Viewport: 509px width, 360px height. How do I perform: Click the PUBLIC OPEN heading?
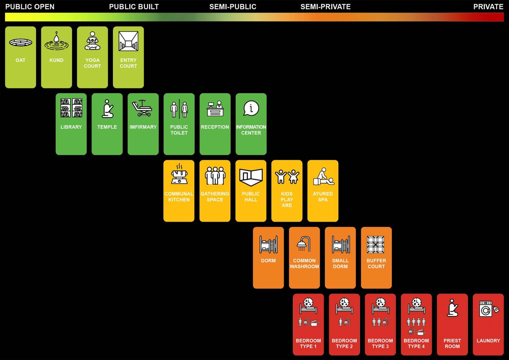30,7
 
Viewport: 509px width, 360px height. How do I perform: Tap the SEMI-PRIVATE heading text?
325,7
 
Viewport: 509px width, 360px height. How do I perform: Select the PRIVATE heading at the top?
488,7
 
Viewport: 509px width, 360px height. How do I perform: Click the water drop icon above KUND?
56,41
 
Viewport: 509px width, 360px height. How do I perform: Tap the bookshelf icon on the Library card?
71,108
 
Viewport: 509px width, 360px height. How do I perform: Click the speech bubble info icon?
251,108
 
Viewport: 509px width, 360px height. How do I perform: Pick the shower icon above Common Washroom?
304,244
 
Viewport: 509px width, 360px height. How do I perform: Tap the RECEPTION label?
215,127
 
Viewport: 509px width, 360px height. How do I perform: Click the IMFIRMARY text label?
143,127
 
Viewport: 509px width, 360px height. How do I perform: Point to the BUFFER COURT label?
376,263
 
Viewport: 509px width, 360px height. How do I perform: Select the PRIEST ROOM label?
452,343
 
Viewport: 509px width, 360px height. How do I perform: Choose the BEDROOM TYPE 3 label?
380,343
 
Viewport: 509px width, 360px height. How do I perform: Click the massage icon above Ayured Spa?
323,177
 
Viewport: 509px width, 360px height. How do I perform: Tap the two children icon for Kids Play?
287,177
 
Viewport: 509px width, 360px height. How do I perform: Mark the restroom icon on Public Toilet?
179,109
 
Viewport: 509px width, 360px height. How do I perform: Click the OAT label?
21,60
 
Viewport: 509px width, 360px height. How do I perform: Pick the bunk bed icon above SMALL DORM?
341,244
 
